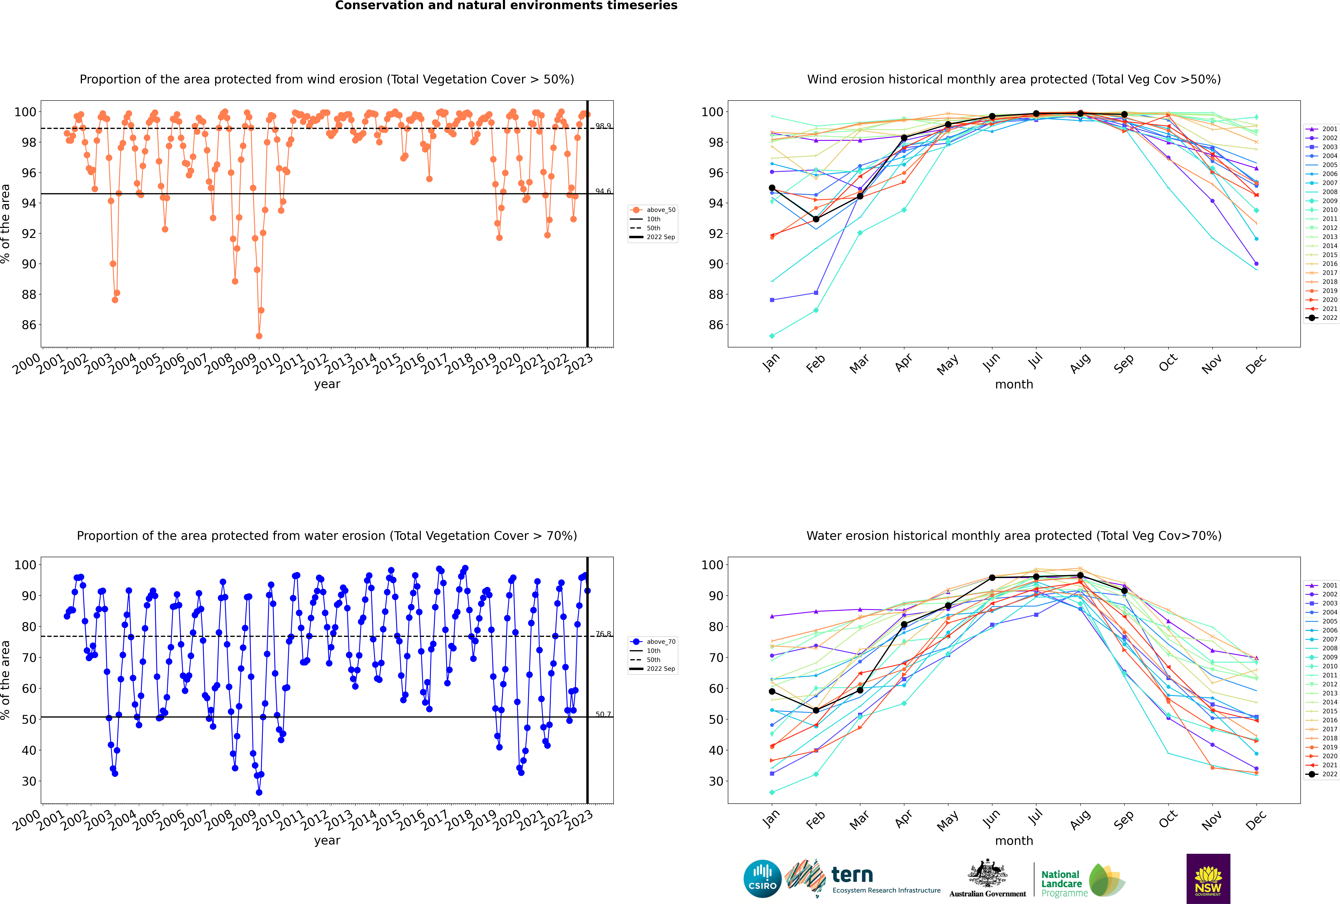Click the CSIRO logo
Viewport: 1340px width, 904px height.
click(762, 879)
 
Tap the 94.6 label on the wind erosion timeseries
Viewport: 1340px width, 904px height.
click(603, 191)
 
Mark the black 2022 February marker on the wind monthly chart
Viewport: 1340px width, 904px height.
click(816, 219)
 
